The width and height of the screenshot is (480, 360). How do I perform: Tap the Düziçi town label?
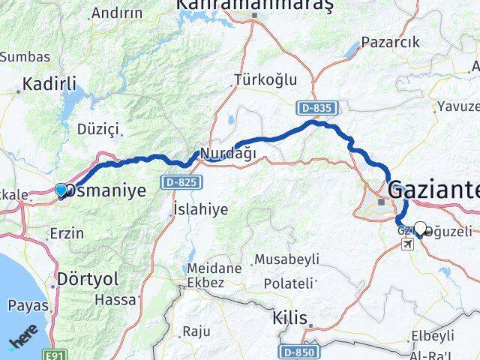click(x=98, y=129)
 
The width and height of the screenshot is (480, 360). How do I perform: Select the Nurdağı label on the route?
click(x=227, y=153)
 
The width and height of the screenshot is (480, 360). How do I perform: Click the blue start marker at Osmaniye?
click(x=61, y=190)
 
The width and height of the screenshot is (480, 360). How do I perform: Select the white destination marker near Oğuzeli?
click(x=420, y=229)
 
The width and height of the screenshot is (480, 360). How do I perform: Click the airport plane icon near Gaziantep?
click(x=407, y=244)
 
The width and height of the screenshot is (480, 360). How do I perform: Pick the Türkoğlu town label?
click(x=265, y=79)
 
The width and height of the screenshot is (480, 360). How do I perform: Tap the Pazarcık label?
click(x=390, y=42)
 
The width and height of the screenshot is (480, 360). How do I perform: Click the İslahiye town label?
click(x=199, y=209)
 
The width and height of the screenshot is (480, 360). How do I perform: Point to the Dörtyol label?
click(x=88, y=279)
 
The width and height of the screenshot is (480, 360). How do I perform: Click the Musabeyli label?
click(x=286, y=259)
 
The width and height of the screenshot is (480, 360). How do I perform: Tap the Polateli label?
click(x=287, y=283)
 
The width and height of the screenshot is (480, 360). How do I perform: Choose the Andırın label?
click(x=115, y=13)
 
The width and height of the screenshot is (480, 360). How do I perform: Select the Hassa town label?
click(x=116, y=299)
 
